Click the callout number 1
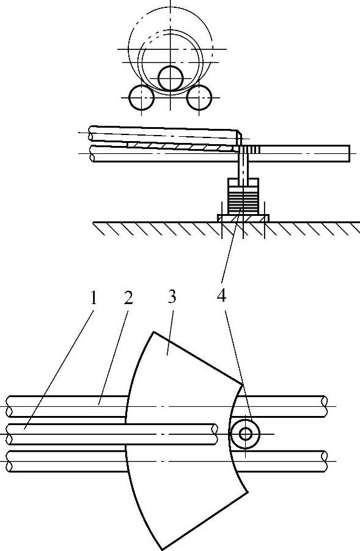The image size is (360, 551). point(92,299)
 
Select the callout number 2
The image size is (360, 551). point(128,299)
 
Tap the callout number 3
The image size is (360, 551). point(171,297)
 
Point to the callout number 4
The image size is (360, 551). point(221,297)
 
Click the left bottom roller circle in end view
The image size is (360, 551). point(142,98)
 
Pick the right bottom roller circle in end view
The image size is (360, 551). point(199,98)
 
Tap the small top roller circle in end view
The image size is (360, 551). point(170,78)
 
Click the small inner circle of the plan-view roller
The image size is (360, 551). point(245,434)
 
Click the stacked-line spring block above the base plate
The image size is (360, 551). point(243,200)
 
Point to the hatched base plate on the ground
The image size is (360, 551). point(243,218)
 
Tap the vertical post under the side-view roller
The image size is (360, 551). point(243,165)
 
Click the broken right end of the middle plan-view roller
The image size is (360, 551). point(214,434)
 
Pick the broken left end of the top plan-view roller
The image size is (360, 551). point(10,407)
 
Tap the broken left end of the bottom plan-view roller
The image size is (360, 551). point(10,462)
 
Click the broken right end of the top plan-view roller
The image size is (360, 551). point(325,407)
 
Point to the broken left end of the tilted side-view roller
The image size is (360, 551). point(91,134)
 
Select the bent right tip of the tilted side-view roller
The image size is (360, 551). point(239,137)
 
